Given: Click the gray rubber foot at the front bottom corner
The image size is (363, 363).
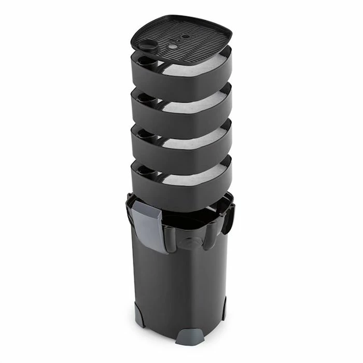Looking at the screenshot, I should click(x=187, y=337).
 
